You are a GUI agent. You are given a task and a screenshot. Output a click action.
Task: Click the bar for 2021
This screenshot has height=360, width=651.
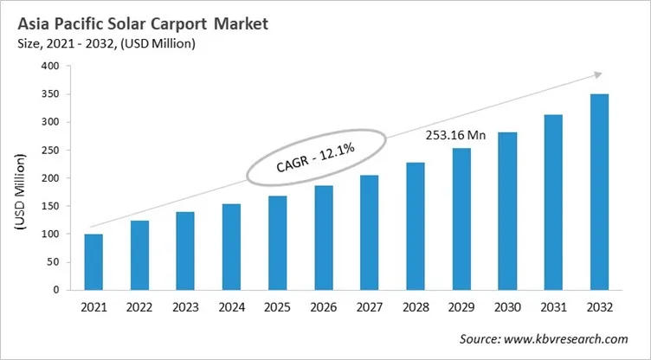(93, 262)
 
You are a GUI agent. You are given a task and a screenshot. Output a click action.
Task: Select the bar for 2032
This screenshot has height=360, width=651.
(599, 192)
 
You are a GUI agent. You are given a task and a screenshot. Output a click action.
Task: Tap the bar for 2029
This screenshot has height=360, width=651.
(461, 219)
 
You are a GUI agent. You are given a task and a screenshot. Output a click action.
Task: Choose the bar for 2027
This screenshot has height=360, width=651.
(369, 233)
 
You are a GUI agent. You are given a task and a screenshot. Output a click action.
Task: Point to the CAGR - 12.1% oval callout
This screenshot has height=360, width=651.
(315, 157)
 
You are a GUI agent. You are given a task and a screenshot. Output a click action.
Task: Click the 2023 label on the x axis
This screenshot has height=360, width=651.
(185, 307)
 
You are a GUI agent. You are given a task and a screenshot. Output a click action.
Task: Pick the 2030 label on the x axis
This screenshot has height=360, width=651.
(507, 307)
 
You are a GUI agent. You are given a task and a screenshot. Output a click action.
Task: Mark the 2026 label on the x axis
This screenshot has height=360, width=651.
(323, 307)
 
